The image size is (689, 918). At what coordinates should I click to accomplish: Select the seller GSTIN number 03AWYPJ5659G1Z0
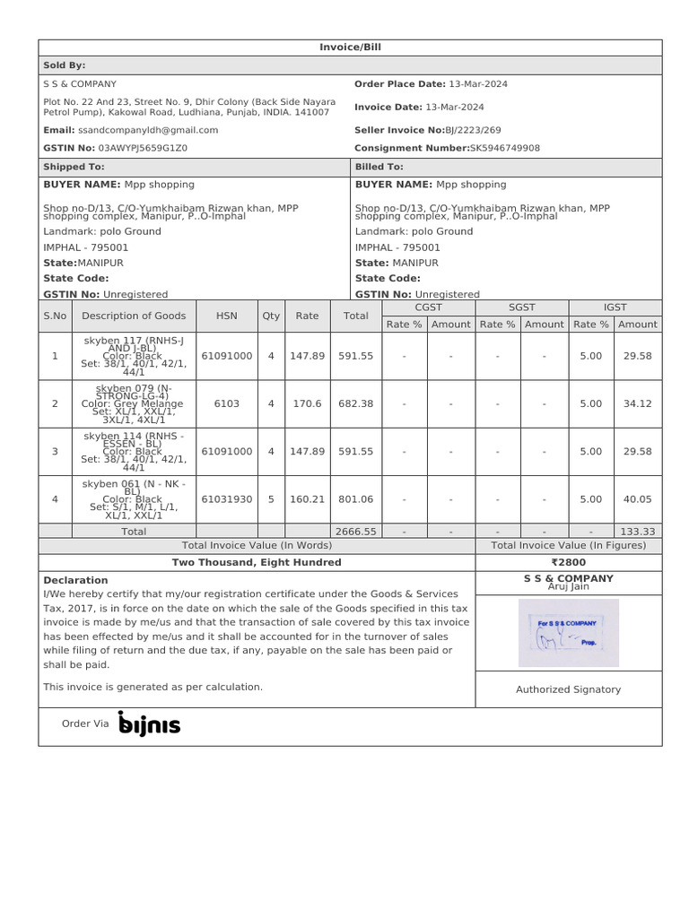[x=143, y=148]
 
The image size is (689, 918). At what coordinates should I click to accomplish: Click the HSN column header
[x=227, y=316]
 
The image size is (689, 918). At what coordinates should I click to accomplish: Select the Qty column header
[x=271, y=316]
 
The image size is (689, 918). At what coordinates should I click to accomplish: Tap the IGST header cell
[x=615, y=307]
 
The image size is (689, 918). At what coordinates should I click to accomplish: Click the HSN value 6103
[x=227, y=403]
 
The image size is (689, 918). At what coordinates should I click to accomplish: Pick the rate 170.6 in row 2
[x=308, y=403]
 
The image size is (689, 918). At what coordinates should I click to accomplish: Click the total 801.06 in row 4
[x=355, y=499]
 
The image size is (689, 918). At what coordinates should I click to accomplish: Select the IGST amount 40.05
[x=637, y=499]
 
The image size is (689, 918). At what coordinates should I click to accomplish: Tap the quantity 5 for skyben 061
[x=271, y=499]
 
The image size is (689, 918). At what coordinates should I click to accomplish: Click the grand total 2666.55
[x=355, y=532]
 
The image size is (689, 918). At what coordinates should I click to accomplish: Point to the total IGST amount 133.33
[x=637, y=532]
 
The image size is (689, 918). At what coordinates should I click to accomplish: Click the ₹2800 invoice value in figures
[x=569, y=562]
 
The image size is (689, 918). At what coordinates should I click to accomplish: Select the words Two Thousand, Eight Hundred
[x=257, y=562]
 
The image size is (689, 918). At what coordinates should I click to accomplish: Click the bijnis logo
[x=149, y=723]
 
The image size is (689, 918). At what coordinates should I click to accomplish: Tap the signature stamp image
[x=569, y=633]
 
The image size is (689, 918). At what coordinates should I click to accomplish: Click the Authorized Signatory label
[x=569, y=689]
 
